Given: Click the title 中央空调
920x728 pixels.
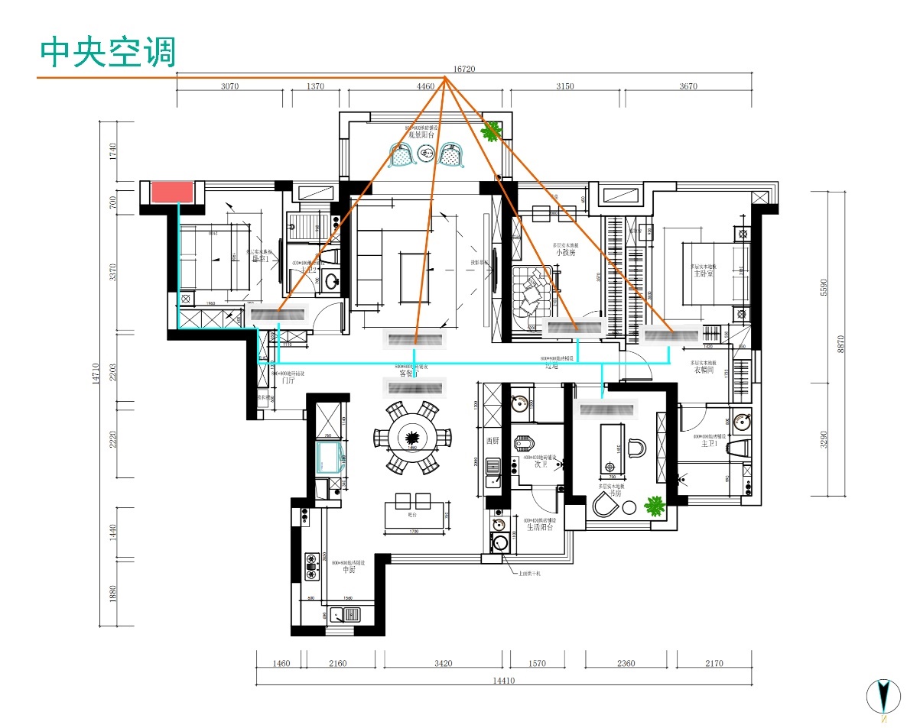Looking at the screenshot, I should [108, 53].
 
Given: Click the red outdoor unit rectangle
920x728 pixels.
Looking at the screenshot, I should [171, 192].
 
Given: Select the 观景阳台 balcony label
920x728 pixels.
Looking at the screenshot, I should [421, 134].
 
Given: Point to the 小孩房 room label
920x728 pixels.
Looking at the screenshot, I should [565, 251].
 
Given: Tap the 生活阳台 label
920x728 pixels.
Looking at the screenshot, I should [539, 527].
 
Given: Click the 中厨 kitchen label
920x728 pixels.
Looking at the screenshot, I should [349, 570].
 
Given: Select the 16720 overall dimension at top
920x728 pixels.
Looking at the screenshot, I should [464, 69].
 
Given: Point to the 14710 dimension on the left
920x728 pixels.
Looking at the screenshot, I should [96, 372].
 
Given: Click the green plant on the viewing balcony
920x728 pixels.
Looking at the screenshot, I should [490, 131].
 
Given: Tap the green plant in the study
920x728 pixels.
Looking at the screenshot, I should [654, 505].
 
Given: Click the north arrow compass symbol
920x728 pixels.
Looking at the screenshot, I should [883, 696].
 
